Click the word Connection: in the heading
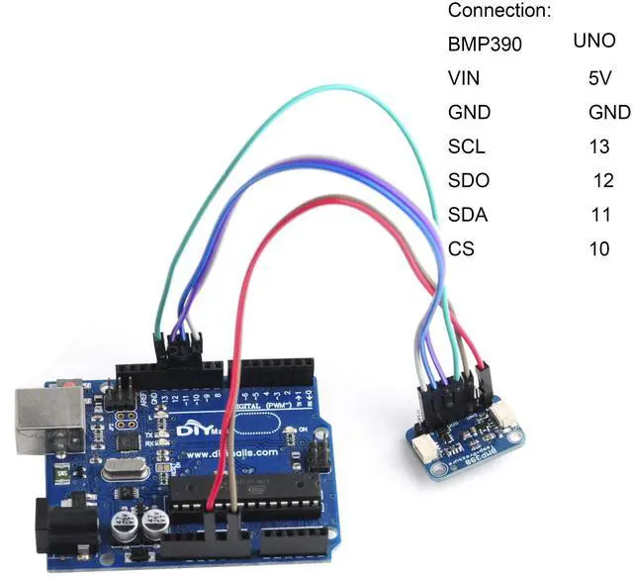point(498,11)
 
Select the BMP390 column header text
point(485,45)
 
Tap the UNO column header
point(594,42)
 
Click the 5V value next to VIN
point(599,78)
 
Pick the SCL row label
point(467,146)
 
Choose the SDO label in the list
point(469,181)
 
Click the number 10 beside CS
point(599,248)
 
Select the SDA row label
point(469,215)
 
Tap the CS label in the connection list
point(461,248)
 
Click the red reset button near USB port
point(69,382)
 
